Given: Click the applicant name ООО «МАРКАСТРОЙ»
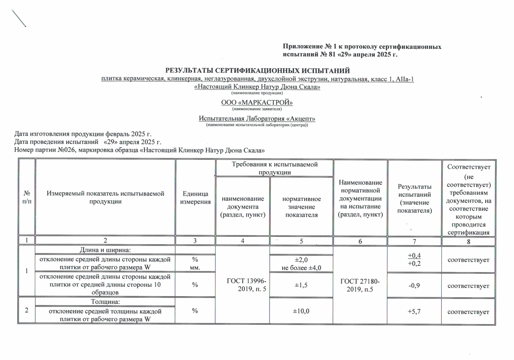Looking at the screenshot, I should (257, 103).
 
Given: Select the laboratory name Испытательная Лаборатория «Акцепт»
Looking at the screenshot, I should (257, 119).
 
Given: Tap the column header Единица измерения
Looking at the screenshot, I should (195, 198).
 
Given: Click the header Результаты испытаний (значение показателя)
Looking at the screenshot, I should (415, 198).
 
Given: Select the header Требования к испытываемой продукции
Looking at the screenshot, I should (275, 168).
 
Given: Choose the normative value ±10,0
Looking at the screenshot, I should (301, 311).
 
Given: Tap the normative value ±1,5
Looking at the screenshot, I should (301, 286).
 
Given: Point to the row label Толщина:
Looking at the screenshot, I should (105, 301).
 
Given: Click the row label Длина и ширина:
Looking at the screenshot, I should (105, 250).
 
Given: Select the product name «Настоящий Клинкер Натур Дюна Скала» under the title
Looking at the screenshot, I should (257, 87).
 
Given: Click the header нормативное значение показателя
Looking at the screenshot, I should (301, 207).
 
